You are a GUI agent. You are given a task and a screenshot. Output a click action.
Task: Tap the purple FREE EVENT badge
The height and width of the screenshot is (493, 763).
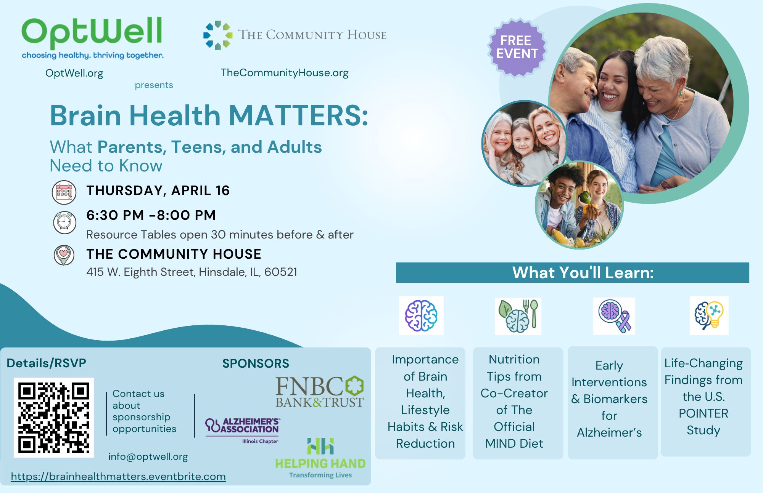pos(517,47)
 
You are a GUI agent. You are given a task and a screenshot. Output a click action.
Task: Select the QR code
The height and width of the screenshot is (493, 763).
pos(54,418)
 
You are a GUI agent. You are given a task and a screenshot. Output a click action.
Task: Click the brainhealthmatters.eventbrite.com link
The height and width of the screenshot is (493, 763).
pos(118,477)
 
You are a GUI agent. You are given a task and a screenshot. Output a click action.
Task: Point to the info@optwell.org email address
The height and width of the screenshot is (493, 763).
pos(148,456)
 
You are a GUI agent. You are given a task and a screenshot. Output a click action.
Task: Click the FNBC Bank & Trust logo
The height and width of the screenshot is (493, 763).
pos(320,392)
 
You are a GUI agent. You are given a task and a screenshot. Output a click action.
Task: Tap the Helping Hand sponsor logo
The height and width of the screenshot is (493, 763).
pos(320,458)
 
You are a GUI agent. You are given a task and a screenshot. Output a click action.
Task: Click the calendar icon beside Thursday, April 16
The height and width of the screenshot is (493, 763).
pos(64,192)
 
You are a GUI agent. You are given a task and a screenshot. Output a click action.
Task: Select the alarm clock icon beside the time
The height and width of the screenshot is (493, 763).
pos(64,222)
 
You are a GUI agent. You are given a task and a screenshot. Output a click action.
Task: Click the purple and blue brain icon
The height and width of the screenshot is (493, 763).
pos(421,315)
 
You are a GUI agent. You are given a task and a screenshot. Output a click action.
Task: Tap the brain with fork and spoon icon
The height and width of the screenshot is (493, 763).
pos(518,316)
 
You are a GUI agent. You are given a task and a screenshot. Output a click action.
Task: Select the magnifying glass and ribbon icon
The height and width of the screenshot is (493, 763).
pos(614,316)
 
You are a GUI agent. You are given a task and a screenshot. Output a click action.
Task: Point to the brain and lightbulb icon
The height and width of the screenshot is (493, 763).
pos(709,315)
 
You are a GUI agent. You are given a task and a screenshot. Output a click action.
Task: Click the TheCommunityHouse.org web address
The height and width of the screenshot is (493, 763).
pos(285,73)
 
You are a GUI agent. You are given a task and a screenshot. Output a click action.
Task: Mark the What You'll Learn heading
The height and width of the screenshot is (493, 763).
pos(583,272)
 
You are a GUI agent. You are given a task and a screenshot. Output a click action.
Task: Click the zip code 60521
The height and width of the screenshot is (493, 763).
pos(280,272)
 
